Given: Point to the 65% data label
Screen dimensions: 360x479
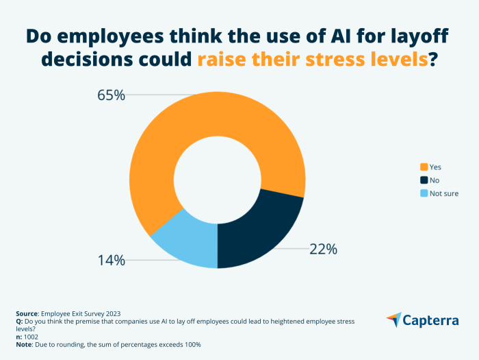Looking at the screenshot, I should tap(111, 95).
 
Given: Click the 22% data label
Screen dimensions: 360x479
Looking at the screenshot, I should tap(323, 250).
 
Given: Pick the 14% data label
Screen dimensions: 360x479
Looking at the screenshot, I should tap(111, 260).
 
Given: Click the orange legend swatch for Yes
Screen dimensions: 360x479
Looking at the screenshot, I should tap(424, 167).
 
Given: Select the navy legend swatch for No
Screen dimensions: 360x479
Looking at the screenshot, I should tap(424, 180).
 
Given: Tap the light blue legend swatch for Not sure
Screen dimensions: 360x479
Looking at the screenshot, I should tap(424, 193).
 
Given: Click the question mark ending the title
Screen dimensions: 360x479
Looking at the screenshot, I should tap(432, 60).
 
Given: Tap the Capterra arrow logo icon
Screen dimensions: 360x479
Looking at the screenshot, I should tap(394, 320).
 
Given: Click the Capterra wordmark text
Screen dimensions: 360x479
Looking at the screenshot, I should tap(433, 320).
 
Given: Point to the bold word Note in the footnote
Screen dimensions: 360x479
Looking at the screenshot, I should tap(23, 344).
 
